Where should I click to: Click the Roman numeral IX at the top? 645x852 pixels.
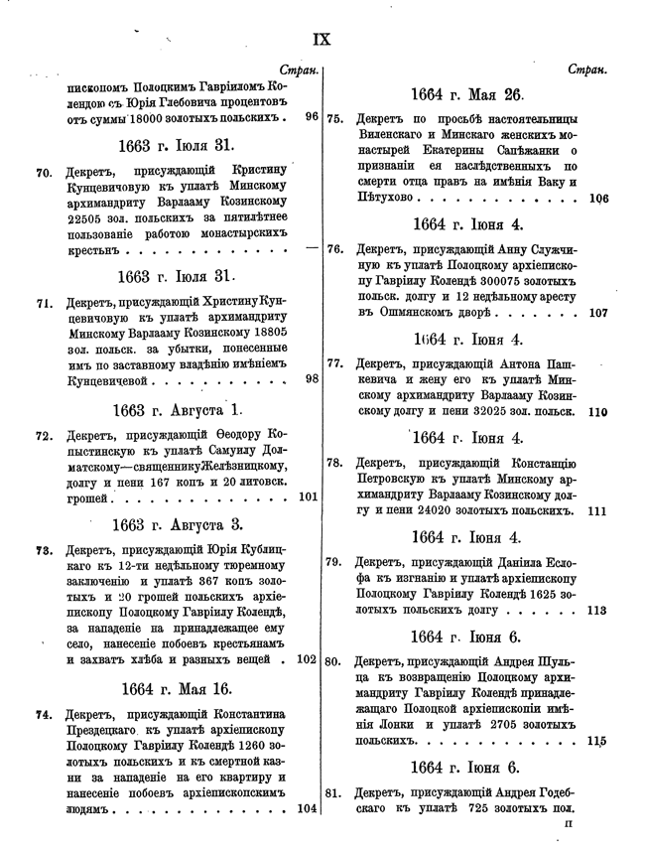pyautogui.click(x=322, y=40)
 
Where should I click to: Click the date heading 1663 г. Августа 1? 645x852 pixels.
pyautogui.click(x=178, y=408)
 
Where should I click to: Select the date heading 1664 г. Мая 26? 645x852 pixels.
pyautogui.click(x=466, y=95)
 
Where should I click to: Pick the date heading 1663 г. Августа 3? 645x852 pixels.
pyautogui.click(x=178, y=523)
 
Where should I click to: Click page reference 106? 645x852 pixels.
pyautogui.click(x=597, y=198)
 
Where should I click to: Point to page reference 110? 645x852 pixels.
pyautogui.click(x=597, y=410)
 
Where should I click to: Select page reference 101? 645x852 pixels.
pyautogui.click(x=308, y=497)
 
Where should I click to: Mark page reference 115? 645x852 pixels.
pyautogui.click(x=596, y=740)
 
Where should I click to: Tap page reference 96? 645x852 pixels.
pyautogui.click(x=312, y=117)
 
